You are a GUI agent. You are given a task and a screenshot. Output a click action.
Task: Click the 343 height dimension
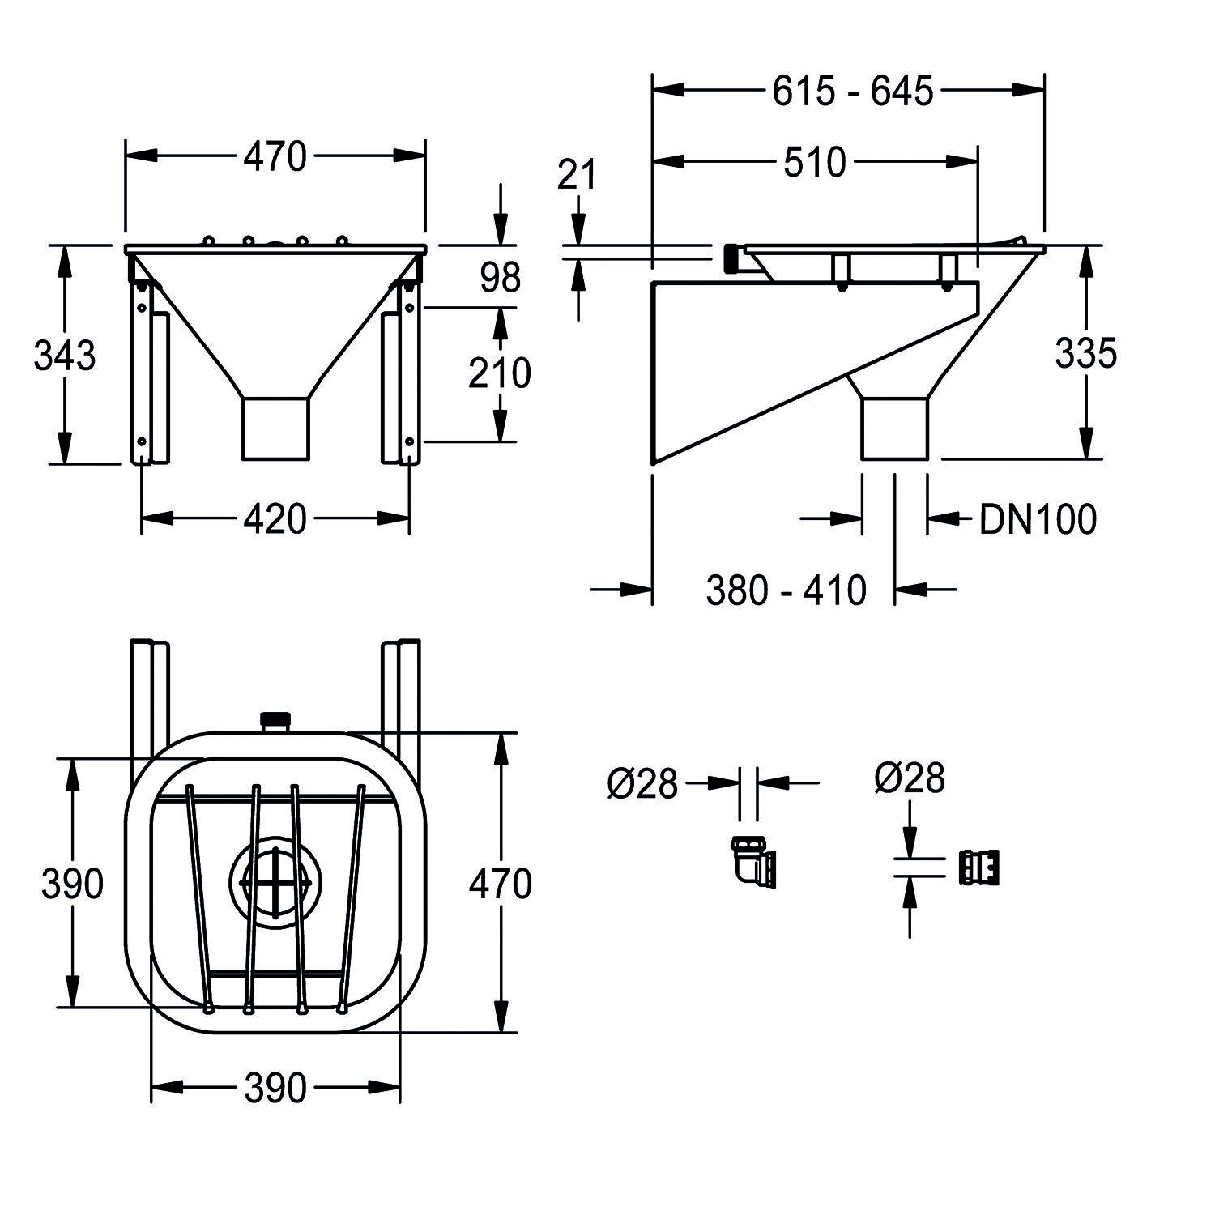tap(65, 356)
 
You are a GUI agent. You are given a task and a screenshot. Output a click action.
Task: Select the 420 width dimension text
tap(275, 519)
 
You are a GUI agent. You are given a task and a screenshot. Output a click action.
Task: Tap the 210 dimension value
tap(500, 373)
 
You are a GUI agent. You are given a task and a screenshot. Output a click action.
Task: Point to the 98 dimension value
tap(500, 279)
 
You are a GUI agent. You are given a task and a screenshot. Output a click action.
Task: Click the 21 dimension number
tap(577, 175)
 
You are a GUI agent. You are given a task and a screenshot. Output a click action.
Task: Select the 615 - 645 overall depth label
tap(852, 92)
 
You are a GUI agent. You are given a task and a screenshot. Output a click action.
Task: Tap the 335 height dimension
tap(1085, 353)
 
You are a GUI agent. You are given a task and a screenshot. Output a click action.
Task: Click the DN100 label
tap(1038, 519)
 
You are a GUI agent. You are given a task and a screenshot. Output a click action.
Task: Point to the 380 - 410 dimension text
tap(786, 590)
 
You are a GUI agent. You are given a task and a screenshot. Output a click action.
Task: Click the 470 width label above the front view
tap(275, 157)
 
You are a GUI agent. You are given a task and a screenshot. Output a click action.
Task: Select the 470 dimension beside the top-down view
tap(500, 884)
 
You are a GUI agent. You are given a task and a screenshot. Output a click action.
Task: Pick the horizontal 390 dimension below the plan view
tap(275, 1089)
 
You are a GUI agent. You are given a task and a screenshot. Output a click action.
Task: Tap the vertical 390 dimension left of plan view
tap(72, 884)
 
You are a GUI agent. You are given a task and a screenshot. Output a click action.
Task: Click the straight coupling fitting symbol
tap(978, 868)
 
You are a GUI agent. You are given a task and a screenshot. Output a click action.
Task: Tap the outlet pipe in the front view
tap(275, 428)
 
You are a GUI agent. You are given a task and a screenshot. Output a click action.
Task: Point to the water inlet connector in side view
tap(731, 258)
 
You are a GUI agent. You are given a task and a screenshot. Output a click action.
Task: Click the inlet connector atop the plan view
tap(275, 720)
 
